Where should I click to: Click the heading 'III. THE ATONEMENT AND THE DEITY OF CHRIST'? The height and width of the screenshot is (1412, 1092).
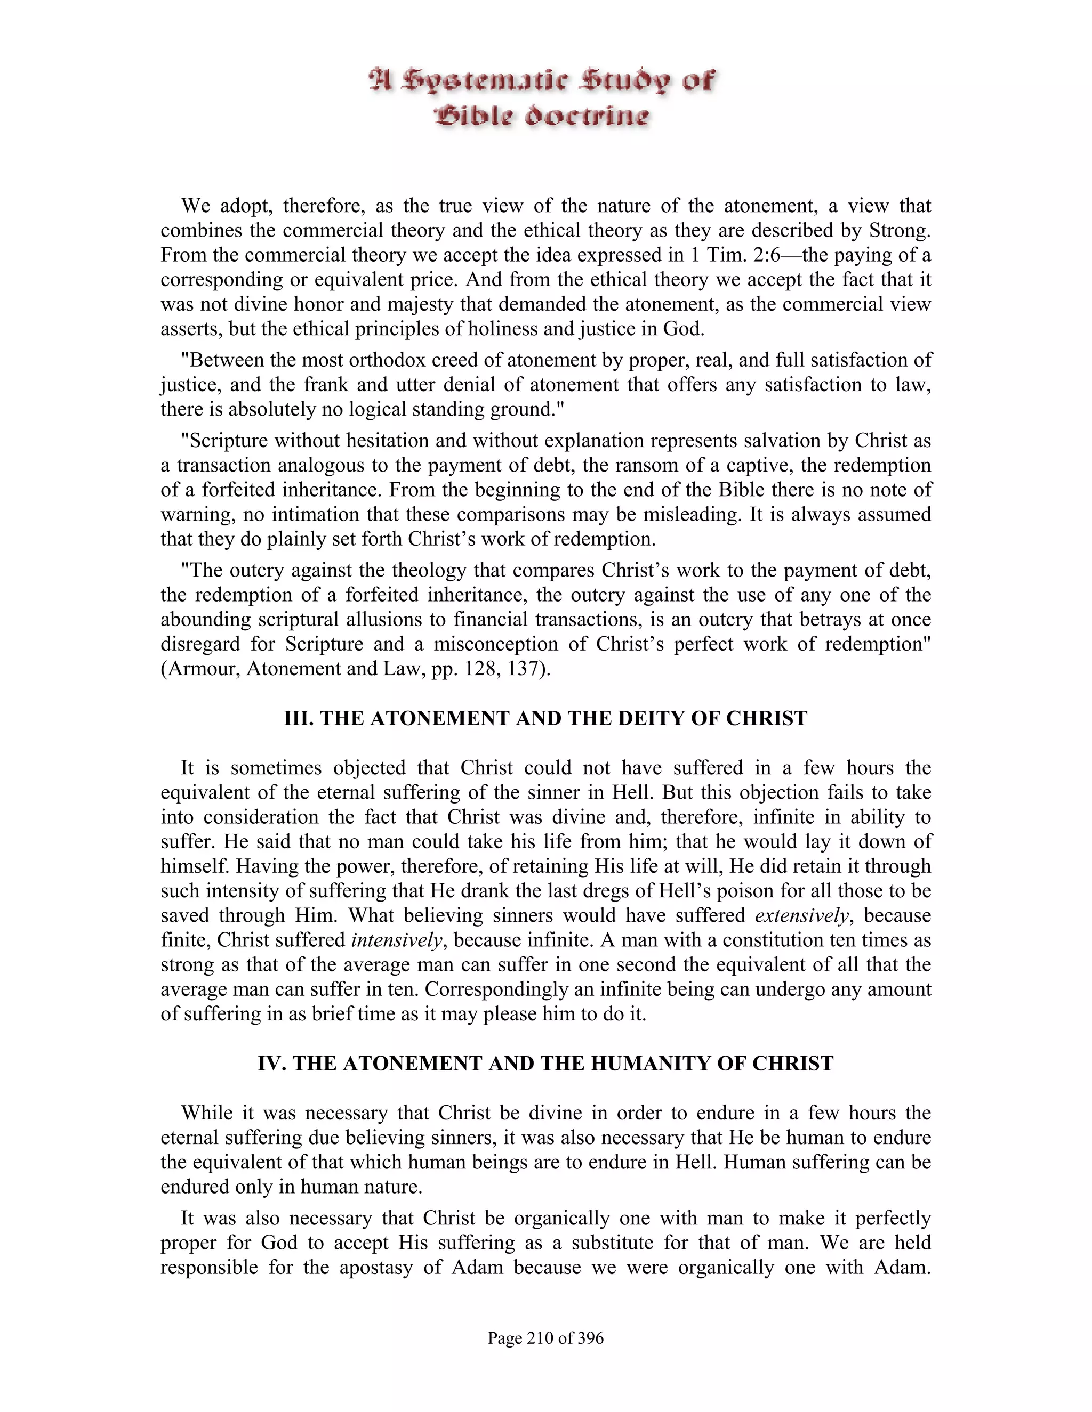[545, 719]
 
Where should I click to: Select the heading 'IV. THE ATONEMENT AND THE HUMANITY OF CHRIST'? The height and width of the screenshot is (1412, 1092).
[545, 1064]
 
